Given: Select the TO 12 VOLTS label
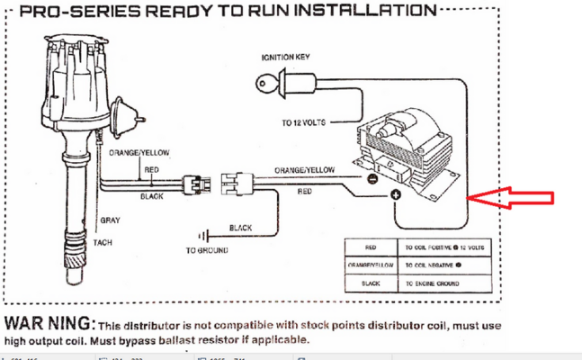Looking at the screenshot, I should click(x=303, y=121).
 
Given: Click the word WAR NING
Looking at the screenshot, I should click(x=49, y=322).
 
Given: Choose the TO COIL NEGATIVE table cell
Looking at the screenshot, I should click(x=435, y=265).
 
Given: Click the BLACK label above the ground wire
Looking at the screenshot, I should click(x=240, y=228).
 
